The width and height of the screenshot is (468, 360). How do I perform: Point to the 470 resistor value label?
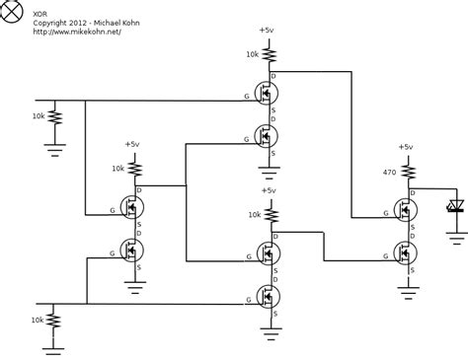point(389,173)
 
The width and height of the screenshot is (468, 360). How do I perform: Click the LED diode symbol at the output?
point(455,206)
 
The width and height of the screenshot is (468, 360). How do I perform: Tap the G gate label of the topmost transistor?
point(246,97)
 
